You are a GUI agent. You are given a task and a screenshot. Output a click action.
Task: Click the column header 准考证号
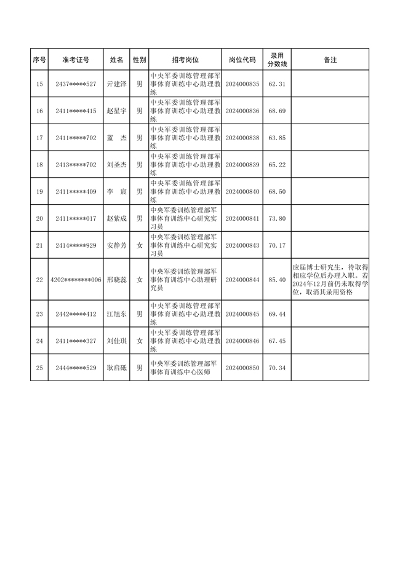point(76,60)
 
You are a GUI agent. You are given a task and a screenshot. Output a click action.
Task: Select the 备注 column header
point(330,60)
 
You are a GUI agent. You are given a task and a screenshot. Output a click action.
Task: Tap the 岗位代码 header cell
point(242,60)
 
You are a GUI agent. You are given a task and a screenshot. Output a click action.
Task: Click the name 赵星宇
point(116,111)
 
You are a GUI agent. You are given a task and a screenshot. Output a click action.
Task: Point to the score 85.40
point(278,280)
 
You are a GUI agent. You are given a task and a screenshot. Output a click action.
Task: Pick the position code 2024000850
point(242,368)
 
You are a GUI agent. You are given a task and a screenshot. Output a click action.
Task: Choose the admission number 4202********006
point(76,280)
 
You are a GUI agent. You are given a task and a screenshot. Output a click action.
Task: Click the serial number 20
point(40,219)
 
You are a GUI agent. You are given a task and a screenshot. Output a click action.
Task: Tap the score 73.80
point(278,219)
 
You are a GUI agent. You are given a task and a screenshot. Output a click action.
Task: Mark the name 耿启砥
point(116,368)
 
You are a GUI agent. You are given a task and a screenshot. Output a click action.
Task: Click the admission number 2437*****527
point(76,84)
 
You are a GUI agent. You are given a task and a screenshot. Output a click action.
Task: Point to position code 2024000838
point(242,138)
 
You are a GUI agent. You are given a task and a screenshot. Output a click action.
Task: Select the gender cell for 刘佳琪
point(140,341)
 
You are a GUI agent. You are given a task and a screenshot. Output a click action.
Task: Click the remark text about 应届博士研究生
point(330,280)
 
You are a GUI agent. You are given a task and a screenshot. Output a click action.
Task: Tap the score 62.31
point(278,84)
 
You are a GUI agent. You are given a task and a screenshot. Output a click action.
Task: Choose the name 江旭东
point(116,314)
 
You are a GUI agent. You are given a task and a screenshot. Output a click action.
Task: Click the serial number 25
point(40,368)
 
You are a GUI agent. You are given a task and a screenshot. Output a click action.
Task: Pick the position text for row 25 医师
point(185,368)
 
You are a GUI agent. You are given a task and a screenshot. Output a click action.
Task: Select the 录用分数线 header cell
point(278,60)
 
